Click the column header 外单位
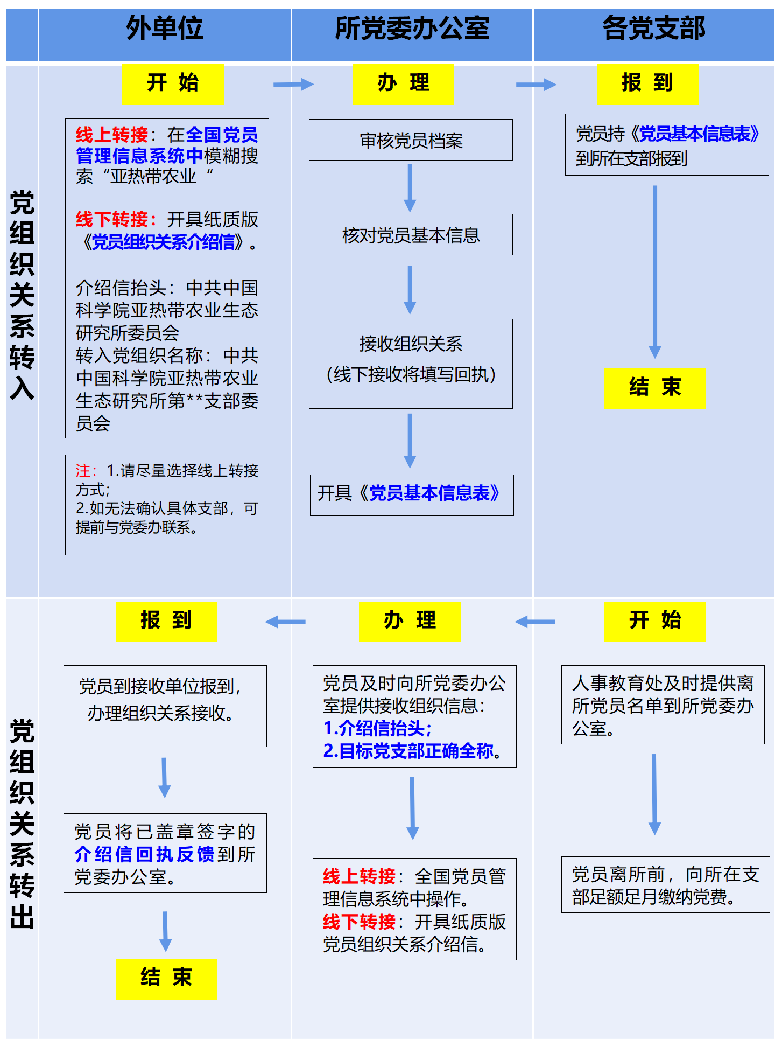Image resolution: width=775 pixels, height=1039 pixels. tap(164, 29)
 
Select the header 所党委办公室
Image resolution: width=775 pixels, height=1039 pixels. tap(412, 29)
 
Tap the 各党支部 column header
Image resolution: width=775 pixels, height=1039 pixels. tap(653, 29)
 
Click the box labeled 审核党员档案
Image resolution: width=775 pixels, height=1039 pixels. tap(411, 140)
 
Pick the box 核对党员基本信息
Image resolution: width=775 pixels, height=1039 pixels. tap(411, 235)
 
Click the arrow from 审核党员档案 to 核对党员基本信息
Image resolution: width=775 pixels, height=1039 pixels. tap(410, 187)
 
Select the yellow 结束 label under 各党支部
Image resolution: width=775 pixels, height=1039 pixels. tap(654, 388)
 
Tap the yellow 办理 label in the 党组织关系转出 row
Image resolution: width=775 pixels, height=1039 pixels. tap(410, 621)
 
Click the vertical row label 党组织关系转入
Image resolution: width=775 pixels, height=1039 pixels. tap(22, 295)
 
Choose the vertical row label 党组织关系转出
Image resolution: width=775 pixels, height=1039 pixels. tap(22, 824)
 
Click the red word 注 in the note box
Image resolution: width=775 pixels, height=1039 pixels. tap(83, 471)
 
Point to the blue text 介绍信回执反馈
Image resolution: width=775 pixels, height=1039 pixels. tap(144, 854)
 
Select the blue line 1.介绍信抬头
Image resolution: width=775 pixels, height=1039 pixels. tap(377, 728)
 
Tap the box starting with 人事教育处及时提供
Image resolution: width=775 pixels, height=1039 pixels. tap(663, 705)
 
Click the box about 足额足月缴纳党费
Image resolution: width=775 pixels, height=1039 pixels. tap(665, 885)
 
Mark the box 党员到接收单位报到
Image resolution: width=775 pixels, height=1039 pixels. tap(165, 706)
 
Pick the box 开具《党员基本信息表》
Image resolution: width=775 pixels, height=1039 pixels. tap(412, 494)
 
